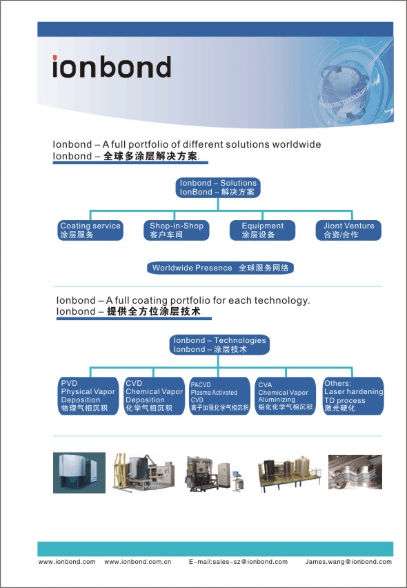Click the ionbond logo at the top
point(112,67)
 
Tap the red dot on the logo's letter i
point(54,58)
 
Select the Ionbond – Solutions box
point(218,188)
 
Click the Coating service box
point(90,231)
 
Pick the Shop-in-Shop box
point(176,231)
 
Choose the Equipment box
point(262,231)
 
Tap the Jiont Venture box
point(348,231)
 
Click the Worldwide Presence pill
point(220,268)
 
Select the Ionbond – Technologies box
point(219,344)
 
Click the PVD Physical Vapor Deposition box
point(88,396)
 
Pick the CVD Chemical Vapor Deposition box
point(154,396)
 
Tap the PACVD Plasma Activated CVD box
point(219,396)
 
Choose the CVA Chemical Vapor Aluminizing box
point(285,396)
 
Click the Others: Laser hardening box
point(353,396)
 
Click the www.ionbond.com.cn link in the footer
point(137,562)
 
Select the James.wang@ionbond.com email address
point(348,562)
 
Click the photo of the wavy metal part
point(355,472)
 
